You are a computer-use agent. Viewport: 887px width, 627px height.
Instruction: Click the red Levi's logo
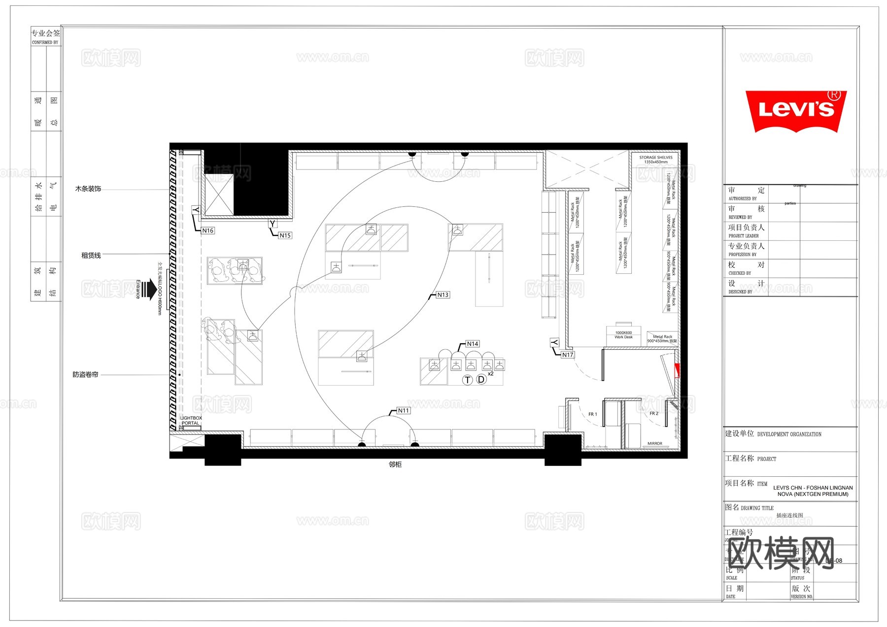795,111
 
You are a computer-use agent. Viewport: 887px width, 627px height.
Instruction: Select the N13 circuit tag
443,295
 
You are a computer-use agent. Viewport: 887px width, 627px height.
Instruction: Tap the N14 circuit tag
472,344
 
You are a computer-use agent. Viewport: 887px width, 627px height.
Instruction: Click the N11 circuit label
403,410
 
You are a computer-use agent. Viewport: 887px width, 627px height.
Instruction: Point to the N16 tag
207,231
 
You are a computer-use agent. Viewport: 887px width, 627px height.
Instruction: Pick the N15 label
285,235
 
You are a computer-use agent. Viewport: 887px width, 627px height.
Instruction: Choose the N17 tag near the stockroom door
568,355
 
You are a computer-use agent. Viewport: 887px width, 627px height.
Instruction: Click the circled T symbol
467,380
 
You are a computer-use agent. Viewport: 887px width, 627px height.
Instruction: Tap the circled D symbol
481,380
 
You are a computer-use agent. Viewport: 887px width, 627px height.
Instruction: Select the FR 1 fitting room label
592,414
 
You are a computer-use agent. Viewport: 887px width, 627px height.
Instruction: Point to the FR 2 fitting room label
654,413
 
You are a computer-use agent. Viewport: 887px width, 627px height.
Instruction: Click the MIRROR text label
655,443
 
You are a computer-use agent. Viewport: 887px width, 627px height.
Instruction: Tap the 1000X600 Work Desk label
623,335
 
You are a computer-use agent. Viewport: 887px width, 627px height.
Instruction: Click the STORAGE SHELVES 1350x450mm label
655,160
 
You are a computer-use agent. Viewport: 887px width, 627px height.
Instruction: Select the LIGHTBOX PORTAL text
191,421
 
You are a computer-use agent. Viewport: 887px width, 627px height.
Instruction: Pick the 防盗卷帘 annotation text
85,375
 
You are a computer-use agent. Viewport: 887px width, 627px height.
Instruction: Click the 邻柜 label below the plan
395,464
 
